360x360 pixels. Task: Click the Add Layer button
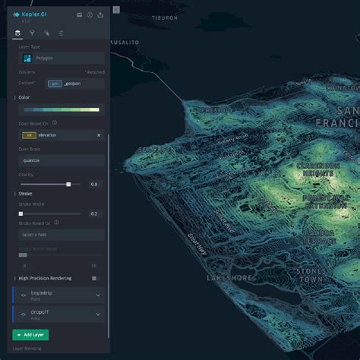[30, 334]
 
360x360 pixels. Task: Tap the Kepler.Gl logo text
[35, 14]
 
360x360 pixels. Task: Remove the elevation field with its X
[98, 135]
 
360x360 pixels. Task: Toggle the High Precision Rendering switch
[95, 278]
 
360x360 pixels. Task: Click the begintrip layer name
[41, 292]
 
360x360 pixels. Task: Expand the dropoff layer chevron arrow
[98, 314]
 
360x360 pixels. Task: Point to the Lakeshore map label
[229, 278]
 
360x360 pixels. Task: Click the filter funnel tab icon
[33, 33]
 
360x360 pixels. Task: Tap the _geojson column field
[74, 83]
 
